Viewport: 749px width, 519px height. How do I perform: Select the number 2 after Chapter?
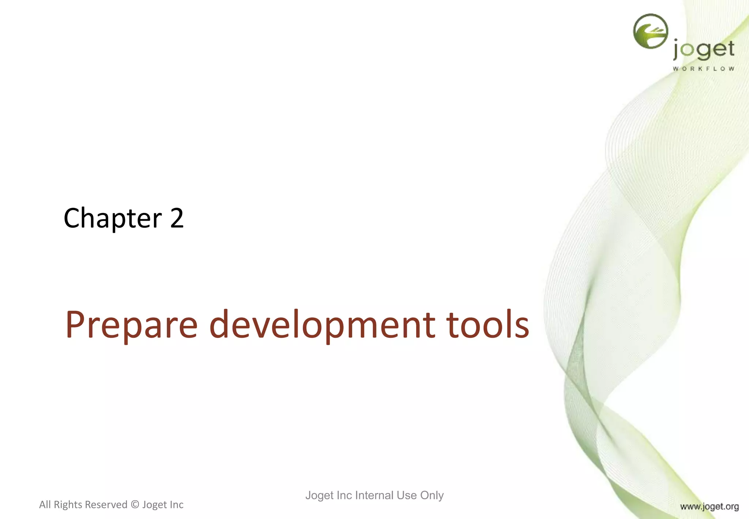click(x=177, y=218)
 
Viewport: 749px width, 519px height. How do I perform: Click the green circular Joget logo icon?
click(x=651, y=31)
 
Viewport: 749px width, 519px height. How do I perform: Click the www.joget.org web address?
click(x=709, y=507)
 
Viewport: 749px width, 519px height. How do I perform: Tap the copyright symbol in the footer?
click(x=135, y=505)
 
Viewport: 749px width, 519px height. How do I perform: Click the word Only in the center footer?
click(x=432, y=495)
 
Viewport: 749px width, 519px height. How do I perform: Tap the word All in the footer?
click(x=45, y=505)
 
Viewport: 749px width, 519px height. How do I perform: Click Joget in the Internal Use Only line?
click(x=319, y=496)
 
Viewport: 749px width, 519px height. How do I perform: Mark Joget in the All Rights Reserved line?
click(x=155, y=505)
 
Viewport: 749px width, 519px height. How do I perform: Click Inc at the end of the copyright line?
click(x=176, y=505)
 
